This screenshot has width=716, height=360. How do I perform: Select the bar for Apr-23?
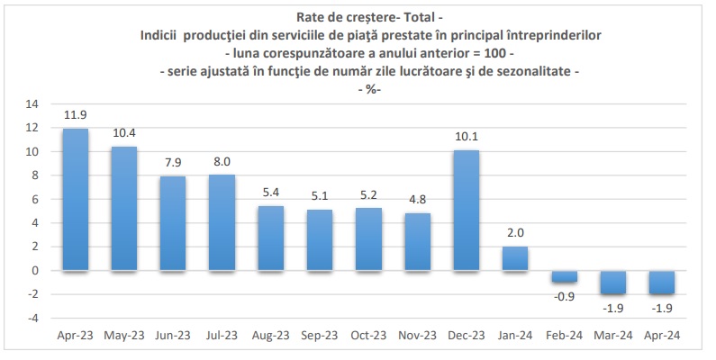click(x=76, y=199)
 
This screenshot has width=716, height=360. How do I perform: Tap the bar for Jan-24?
click(x=515, y=258)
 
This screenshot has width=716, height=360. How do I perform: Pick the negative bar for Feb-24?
click(x=564, y=276)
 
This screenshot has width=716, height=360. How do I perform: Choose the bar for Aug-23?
click(x=271, y=238)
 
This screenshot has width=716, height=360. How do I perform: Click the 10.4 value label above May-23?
click(x=124, y=132)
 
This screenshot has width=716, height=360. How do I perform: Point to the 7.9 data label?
click(x=173, y=162)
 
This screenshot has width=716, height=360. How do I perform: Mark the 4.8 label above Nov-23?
click(x=418, y=200)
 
